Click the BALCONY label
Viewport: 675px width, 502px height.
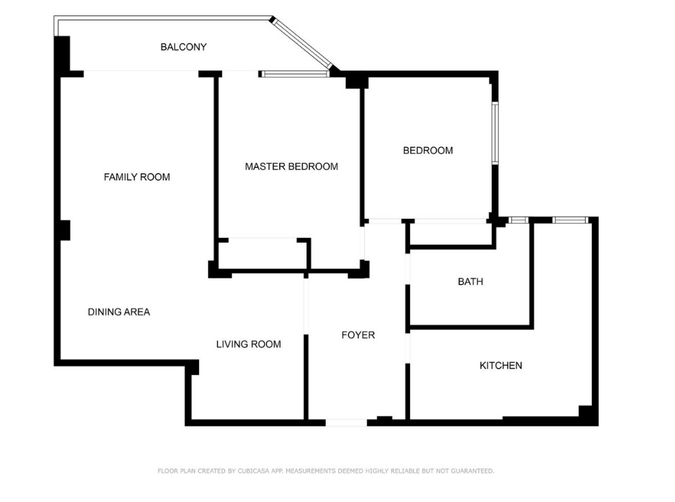[183, 47]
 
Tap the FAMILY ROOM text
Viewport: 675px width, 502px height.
[137, 177]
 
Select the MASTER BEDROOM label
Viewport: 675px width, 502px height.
[292, 167]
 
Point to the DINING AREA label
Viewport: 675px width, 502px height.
[119, 312]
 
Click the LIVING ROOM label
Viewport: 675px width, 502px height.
[248, 344]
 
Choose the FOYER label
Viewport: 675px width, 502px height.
[358, 335]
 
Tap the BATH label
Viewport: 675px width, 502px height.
[471, 282]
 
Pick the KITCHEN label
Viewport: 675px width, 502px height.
[501, 366]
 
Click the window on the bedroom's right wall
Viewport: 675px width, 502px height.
[495, 133]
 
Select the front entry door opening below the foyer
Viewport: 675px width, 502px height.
[346, 422]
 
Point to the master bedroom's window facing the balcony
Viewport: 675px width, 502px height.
[294, 74]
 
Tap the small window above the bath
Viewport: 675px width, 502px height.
[519, 220]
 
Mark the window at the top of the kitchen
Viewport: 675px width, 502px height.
[571, 220]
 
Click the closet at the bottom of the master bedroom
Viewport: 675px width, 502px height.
[263, 254]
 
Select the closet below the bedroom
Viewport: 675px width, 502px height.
[451, 235]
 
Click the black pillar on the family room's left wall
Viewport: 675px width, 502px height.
[64, 230]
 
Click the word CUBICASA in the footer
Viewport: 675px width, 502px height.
[253, 471]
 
